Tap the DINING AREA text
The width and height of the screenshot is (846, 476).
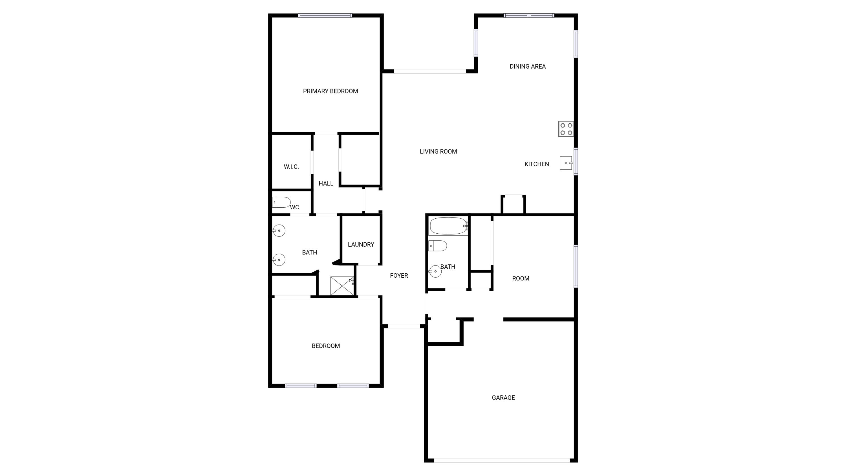coord(527,67)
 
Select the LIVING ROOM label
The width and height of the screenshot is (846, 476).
coord(438,152)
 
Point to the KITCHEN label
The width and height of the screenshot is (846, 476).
coord(536,164)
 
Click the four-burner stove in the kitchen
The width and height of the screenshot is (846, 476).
coord(566,129)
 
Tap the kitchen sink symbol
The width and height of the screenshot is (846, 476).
coord(566,163)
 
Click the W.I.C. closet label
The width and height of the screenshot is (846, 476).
coord(291,167)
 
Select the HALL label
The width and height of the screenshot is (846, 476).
coord(326,184)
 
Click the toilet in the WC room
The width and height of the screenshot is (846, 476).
coord(281,202)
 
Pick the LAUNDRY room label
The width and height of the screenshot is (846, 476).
coord(361,244)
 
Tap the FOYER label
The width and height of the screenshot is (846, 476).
coord(399,276)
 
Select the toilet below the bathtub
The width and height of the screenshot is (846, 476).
coord(437,246)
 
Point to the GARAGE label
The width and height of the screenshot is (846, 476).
coord(503,398)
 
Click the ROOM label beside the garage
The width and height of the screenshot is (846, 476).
coord(521,278)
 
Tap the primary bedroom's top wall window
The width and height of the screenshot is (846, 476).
coord(325,16)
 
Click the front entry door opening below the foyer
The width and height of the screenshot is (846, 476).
coord(404,326)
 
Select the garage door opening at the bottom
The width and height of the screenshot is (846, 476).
coord(502,460)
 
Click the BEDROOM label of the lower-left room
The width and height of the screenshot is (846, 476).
coord(325,346)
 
